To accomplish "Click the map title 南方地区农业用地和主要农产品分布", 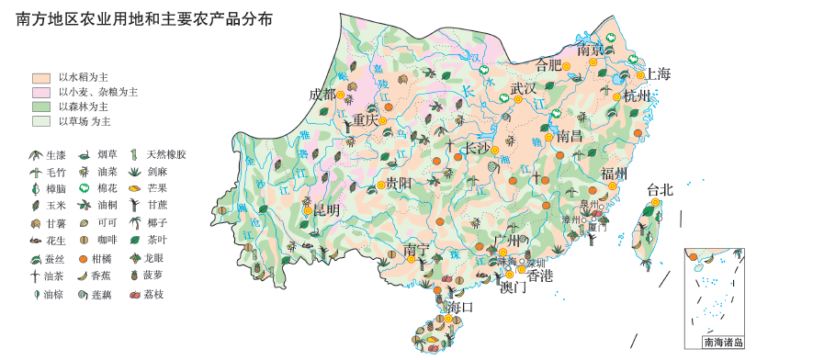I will pos(144,19).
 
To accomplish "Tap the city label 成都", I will pos(322,94).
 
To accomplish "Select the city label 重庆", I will pos(365,119).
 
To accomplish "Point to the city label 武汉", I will pos(523,88).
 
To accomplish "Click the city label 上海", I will pos(658,73).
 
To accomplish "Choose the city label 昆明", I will pos(326,209).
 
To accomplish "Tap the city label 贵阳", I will pos(399,183).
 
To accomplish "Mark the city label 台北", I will pos(660,189).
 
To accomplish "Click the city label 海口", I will pos(459,307).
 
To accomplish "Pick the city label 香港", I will pos(539,275).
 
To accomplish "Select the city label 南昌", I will pos(570,136).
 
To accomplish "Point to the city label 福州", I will pos(614,174).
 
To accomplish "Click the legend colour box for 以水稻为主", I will pos(40,78).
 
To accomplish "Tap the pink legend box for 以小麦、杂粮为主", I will pos(40,92).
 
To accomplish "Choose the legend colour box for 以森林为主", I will pos(40,107).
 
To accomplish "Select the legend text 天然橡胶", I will pos(166,154).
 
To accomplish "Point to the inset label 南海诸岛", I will pos(723,343).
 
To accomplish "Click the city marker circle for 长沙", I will pos(494,150).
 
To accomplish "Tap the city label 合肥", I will pos(548,64).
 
